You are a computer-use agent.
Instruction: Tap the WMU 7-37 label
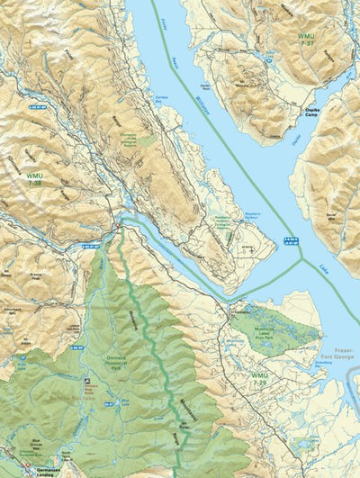tap(307, 41)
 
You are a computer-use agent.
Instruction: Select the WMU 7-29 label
tap(260, 377)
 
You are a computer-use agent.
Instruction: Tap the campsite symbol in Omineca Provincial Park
tap(86, 383)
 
